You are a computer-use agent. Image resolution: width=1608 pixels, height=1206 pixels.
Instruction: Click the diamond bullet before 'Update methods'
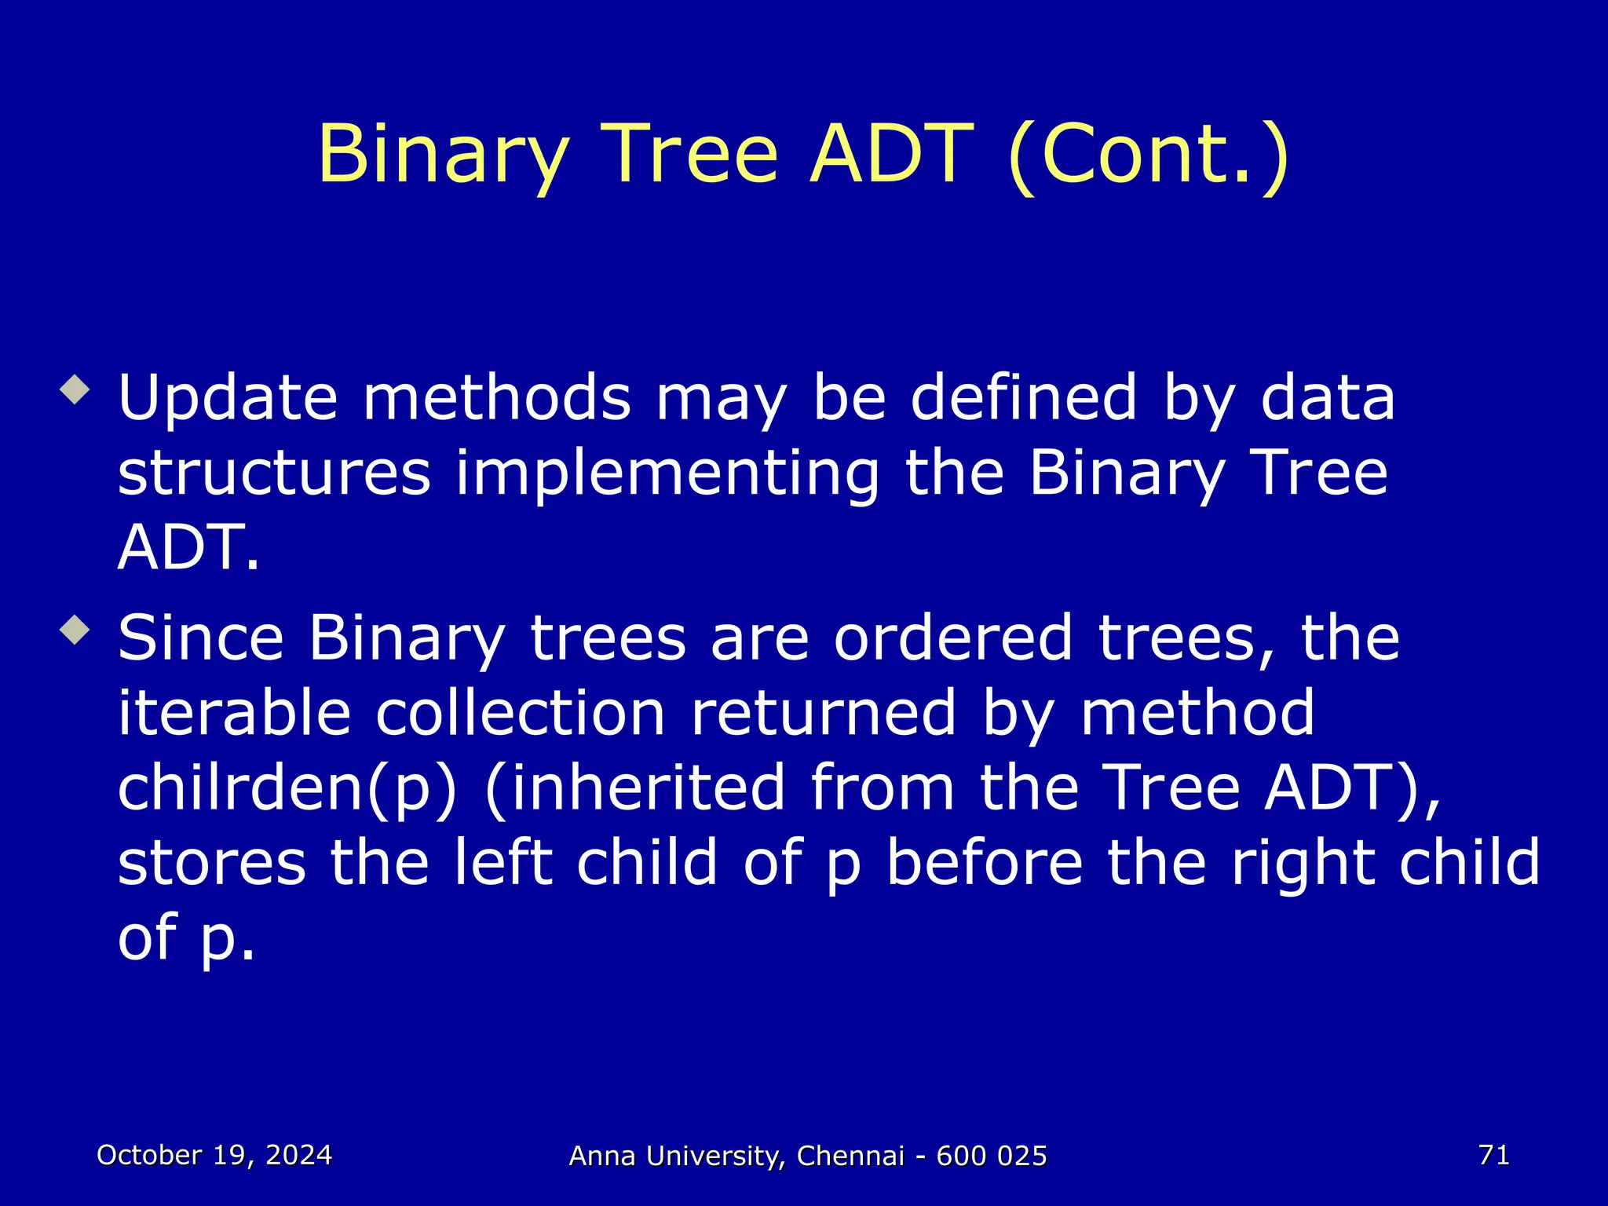[75, 389]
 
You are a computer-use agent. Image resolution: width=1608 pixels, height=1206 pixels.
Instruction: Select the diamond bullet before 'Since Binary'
[75, 629]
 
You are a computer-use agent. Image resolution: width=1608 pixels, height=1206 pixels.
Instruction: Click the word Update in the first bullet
[228, 399]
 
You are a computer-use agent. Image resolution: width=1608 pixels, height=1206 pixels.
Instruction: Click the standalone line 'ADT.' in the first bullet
[188, 547]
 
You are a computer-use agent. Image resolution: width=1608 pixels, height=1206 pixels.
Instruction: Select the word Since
[200, 638]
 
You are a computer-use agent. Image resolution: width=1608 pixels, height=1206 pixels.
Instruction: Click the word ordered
[952, 638]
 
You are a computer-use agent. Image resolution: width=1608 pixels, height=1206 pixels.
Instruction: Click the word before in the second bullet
[985, 862]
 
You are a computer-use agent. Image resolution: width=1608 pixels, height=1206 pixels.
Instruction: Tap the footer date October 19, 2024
[214, 1155]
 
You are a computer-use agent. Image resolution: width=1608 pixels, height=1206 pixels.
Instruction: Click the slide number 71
[1493, 1155]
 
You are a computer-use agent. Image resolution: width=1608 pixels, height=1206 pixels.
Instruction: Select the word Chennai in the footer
[850, 1157]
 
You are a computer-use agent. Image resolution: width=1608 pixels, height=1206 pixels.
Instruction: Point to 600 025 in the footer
[992, 1157]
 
